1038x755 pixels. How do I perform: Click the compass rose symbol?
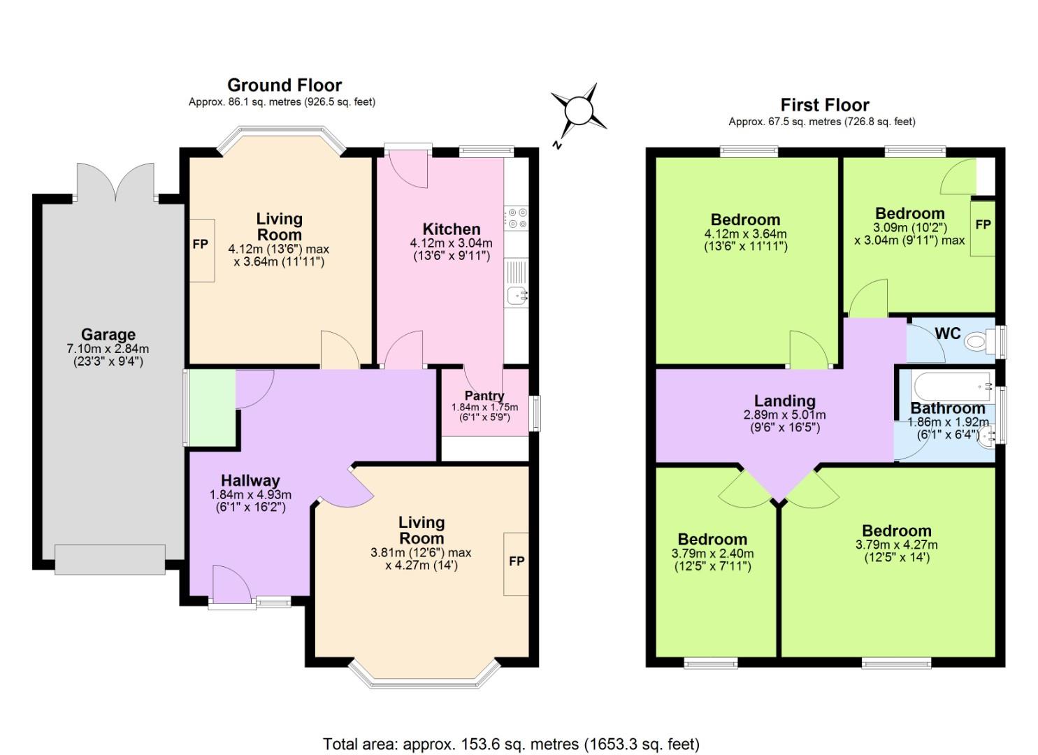[x=578, y=110]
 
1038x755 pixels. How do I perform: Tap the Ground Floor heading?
[x=284, y=85]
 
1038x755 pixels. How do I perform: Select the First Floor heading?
[x=824, y=105]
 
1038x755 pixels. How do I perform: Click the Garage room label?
[x=108, y=334]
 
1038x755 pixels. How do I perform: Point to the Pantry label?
[x=484, y=396]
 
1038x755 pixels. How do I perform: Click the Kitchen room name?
[x=452, y=229]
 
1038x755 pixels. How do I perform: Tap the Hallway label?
[x=250, y=480]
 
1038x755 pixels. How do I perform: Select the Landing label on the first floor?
[x=784, y=401]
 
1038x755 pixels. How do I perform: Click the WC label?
[x=947, y=333]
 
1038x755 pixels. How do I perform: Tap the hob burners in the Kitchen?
[x=517, y=218]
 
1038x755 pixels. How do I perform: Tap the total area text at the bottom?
[x=510, y=743]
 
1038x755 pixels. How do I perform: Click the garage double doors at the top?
[x=116, y=183]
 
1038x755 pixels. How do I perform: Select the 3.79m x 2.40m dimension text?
[x=713, y=553]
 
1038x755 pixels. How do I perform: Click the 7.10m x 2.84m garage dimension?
[x=108, y=349]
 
